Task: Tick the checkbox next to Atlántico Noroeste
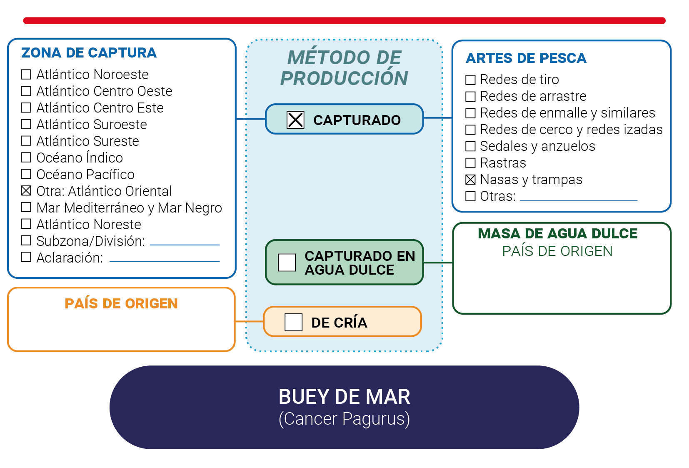(x=26, y=74)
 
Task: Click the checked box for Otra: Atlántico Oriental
(x=26, y=191)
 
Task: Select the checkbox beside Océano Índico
(x=26, y=157)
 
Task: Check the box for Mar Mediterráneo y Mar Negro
(x=26, y=208)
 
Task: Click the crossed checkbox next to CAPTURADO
(x=295, y=120)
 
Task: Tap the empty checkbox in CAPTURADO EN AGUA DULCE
(x=287, y=263)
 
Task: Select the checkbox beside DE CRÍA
(x=293, y=322)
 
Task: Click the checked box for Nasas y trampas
(x=470, y=179)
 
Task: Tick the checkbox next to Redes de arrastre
(x=470, y=96)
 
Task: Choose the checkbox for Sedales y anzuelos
(x=470, y=146)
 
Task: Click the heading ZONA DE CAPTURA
(x=89, y=53)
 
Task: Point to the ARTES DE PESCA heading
(x=526, y=58)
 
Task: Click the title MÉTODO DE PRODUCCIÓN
(x=344, y=68)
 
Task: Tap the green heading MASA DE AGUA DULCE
(x=558, y=233)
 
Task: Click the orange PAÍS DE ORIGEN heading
(x=121, y=304)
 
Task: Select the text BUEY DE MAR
(x=344, y=397)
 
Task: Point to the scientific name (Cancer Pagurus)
(x=344, y=419)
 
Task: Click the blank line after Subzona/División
(x=185, y=245)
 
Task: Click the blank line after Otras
(x=579, y=200)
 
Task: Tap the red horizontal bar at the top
(x=344, y=20)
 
